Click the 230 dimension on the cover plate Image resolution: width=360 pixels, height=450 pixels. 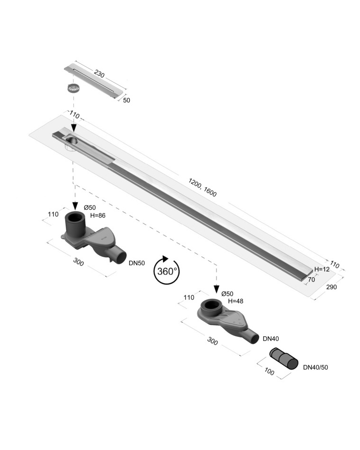[99, 74]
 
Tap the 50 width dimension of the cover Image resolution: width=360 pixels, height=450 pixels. [126, 100]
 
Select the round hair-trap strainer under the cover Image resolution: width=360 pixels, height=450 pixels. [73, 88]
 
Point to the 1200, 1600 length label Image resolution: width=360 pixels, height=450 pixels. [202, 188]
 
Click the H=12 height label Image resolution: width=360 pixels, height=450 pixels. [322, 269]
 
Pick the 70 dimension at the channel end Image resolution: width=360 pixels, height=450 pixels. [311, 279]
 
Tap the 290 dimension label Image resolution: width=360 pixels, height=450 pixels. [331, 287]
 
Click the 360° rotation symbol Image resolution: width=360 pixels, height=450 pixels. [167, 270]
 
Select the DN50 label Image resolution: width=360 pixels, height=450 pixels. [136, 263]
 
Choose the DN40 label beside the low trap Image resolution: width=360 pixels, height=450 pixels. [271, 339]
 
